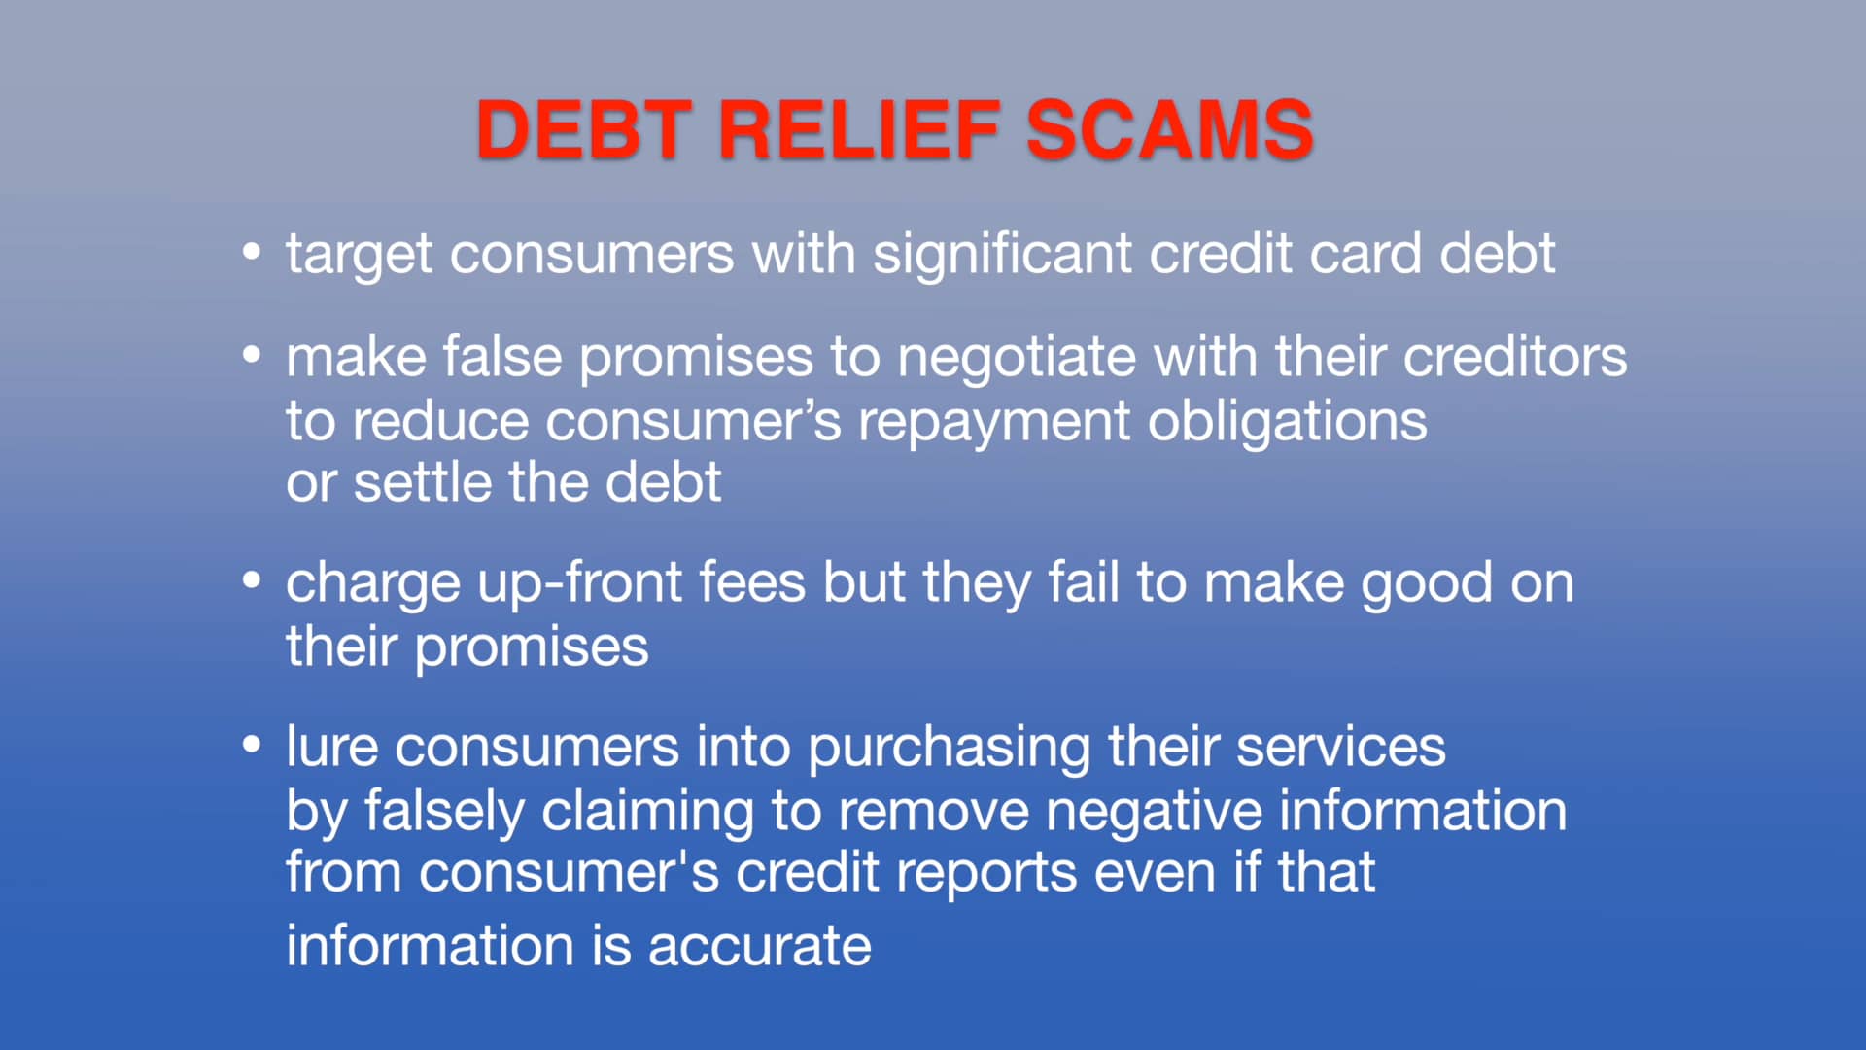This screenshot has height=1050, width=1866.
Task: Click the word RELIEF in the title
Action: [859, 129]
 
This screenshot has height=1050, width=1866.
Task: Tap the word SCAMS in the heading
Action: [1169, 129]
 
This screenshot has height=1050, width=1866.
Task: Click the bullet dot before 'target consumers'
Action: [252, 253]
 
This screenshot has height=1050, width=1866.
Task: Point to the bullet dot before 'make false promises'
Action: [252, 356]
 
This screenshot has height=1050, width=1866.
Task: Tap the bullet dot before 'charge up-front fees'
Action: [252, 581]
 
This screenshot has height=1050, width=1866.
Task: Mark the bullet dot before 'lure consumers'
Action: [252, 746]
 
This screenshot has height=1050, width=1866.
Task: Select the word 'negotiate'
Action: [1016, 358]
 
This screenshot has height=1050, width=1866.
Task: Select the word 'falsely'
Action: [444, 812]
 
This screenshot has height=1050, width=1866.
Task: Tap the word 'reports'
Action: [986, 873]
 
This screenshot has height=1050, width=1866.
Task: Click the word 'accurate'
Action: [759, 946]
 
